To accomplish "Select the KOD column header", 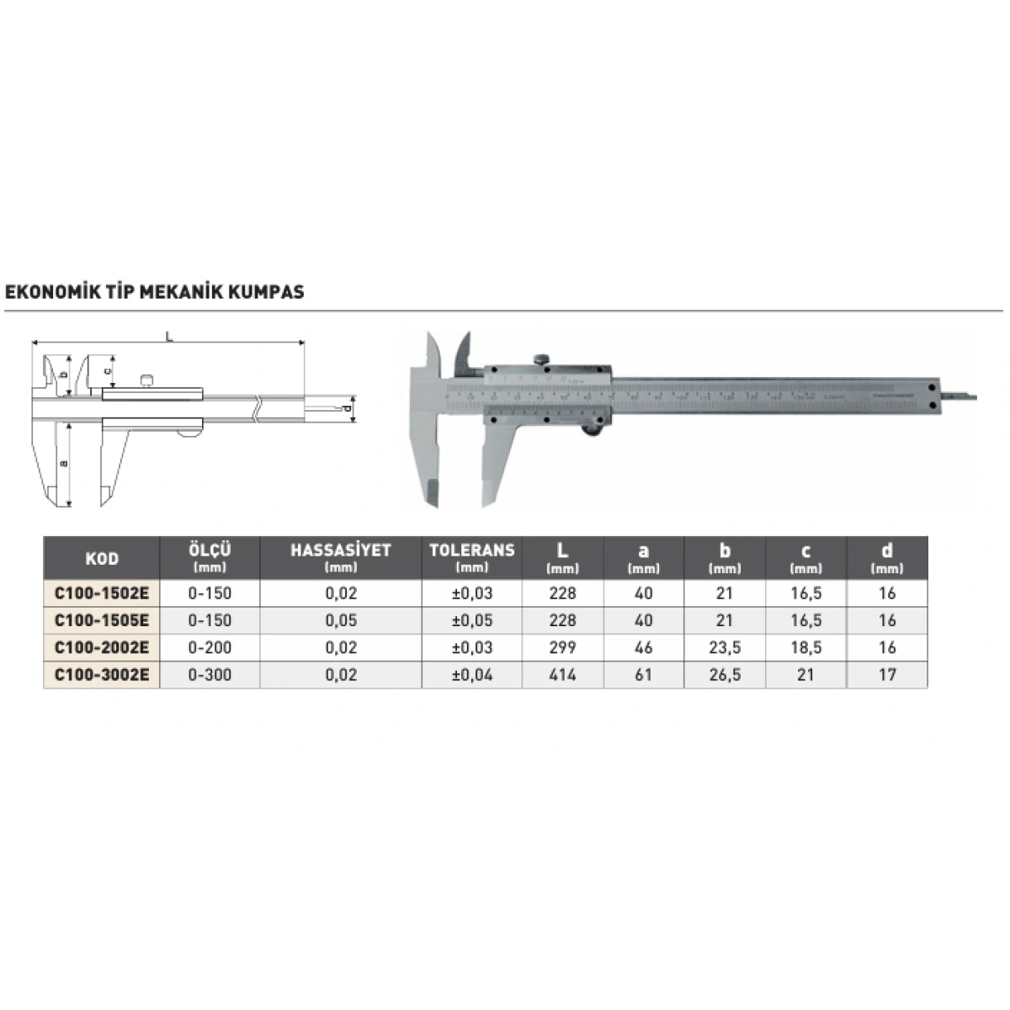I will pyautogui.click(x=102, y=559).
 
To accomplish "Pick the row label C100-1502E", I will pyautogui.click(x=102, y=593).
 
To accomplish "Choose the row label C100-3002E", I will pyautogui.click(x=102, y=675).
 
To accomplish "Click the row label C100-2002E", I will pyautogui.click(x=102, y=648).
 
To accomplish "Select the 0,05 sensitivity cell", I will pyautogui.click(x=341, y=621).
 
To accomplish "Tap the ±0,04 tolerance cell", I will pyautogui.click(x=471, y=675).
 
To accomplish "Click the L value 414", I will pyautogui.click(x=562, y=675).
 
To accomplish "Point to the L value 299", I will pyautogui.click(x=562, y=648).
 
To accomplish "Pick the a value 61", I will pyautogui.click(x=643, y=675).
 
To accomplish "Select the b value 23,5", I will pyautogui.click(x=725, y=648).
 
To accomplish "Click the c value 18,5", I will pyautogui.click(x=805, y=648).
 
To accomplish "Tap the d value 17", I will pyautogui.click(x=886, y=675).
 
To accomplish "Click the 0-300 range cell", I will pyautogui.click(x=210, y=675).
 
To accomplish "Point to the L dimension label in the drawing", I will pyautogui.click(x=169, y=337).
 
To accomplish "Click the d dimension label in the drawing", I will pyautogui.click(x=347, y=408).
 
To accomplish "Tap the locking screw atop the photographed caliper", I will pyautogui.click(x=543, y=359).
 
